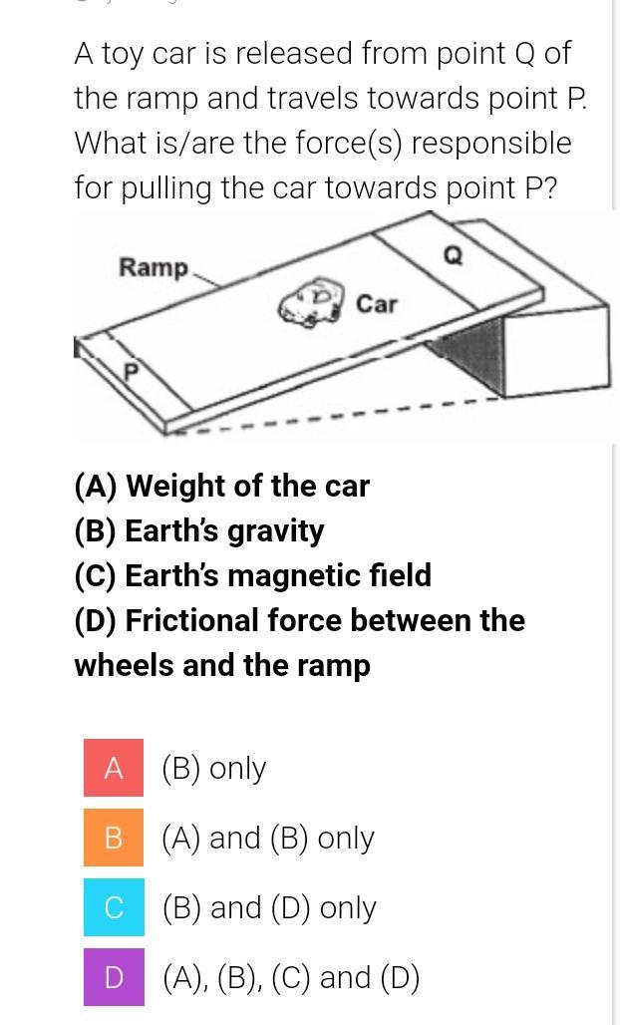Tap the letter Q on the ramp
[x=454, y=256]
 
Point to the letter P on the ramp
[x=132, y=372]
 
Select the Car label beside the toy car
[x=377, y=304]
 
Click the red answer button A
[x=113, y=768]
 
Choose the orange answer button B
[x=113, y=838]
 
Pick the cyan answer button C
[x=113, y=907]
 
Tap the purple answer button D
[x=113, y=976]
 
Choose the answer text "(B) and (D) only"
[x=268, y=908]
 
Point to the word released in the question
[x=288, y=54]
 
